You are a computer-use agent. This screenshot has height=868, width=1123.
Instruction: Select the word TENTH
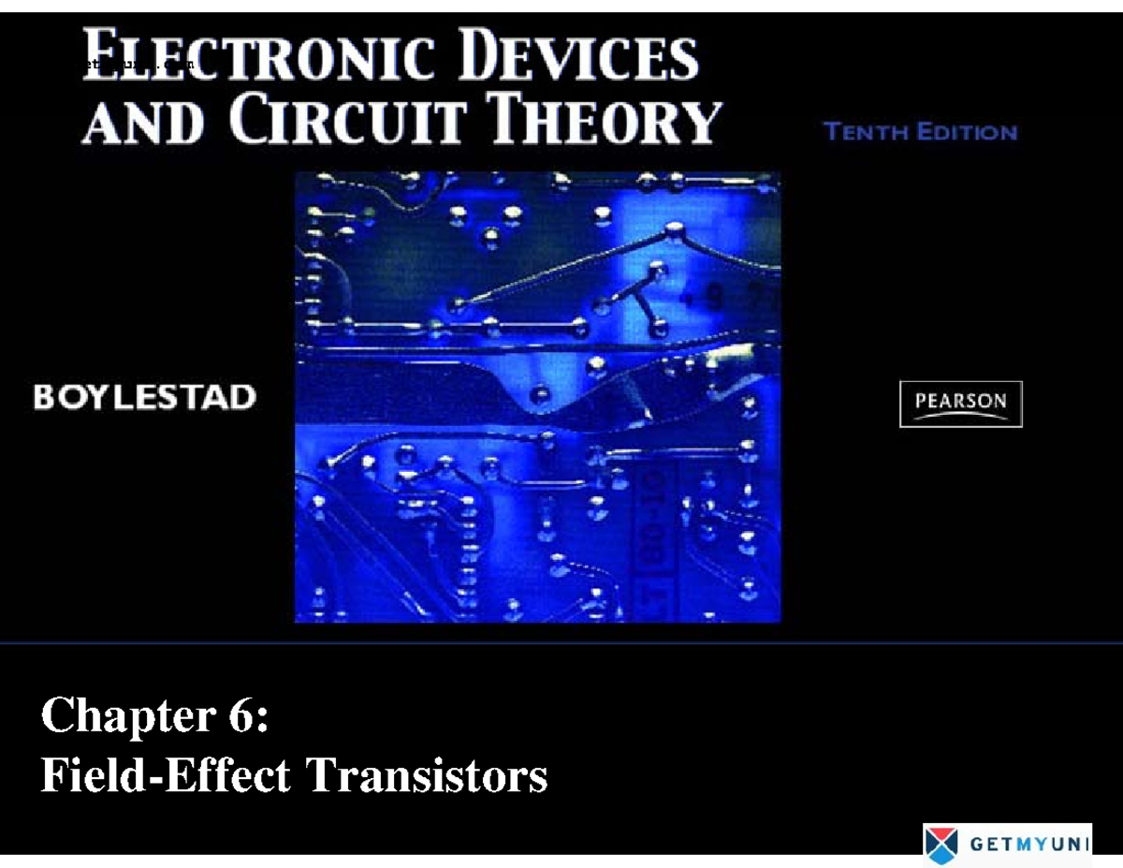point(867,132)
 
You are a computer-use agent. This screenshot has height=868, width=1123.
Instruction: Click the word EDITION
point(967,132)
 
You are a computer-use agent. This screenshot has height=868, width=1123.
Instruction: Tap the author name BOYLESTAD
point(144,398)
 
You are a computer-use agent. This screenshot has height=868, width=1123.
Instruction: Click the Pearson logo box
point(961,405)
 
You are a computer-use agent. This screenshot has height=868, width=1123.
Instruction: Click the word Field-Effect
point(165,776)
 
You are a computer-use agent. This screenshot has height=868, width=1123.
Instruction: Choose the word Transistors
point(427,776)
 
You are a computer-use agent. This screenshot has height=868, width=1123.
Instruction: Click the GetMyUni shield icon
point(941,844)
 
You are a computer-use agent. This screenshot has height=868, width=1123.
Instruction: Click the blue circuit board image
point(537,397)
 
